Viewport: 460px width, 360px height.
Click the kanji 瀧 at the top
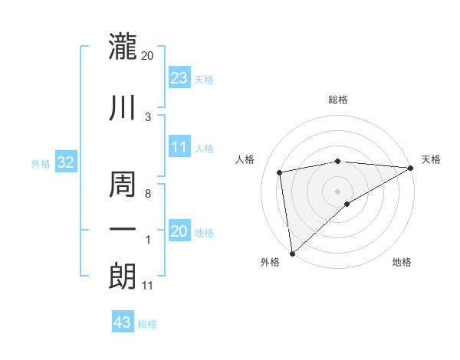coord(123,47)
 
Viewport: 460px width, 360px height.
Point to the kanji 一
coord(123,230)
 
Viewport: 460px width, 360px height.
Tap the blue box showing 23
coord(179,77)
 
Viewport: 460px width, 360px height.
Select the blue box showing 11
coord(179,147)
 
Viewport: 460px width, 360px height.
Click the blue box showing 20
coord(179,231)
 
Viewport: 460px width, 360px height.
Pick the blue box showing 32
coord(65,162)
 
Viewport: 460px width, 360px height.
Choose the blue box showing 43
coord(123,322)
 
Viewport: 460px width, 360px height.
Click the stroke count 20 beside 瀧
coord(148,56)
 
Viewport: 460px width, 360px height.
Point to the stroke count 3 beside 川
coord(148,116)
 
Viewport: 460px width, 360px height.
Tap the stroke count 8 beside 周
coord(148,195)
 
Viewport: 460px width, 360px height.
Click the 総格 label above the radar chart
coord(338,100)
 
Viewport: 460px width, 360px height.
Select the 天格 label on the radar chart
coord(432,159)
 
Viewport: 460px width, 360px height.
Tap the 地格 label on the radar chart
coord(402,263)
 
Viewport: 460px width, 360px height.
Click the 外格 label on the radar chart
coord(270,263)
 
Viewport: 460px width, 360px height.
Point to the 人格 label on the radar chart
coord(245,159)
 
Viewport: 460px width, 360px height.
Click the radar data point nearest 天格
coord(412,168)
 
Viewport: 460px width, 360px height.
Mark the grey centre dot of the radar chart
coord(338,191)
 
